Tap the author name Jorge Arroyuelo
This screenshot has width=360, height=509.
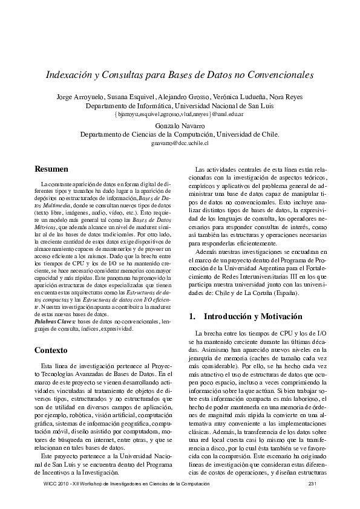coord(80,97)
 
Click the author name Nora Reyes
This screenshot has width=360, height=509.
coord(288,97)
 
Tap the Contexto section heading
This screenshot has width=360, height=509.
coord(51,350)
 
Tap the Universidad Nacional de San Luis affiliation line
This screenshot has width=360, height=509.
coord(179,105)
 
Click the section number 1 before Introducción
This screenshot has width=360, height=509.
coord(192,316)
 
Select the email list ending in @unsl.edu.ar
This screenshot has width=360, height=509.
coord(179,114)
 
